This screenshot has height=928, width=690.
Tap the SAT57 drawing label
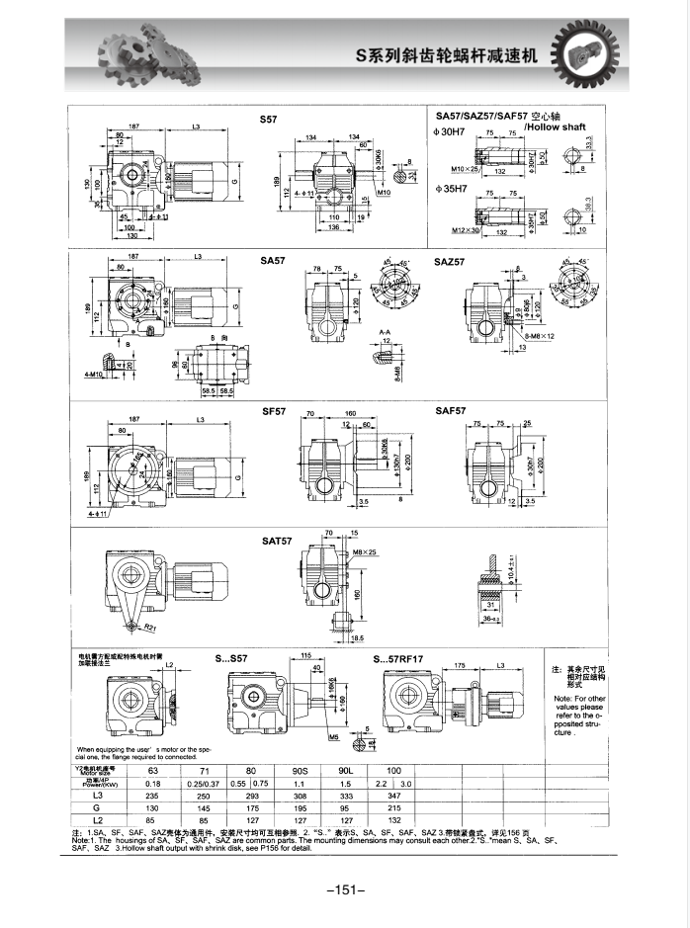coord(277,542)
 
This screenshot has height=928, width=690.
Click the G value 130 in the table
coord(153,807)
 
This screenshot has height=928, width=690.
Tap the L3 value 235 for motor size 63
coord(153,795)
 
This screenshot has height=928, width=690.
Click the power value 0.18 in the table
coord(153,783)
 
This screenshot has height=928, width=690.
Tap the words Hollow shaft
coord(556,127)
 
